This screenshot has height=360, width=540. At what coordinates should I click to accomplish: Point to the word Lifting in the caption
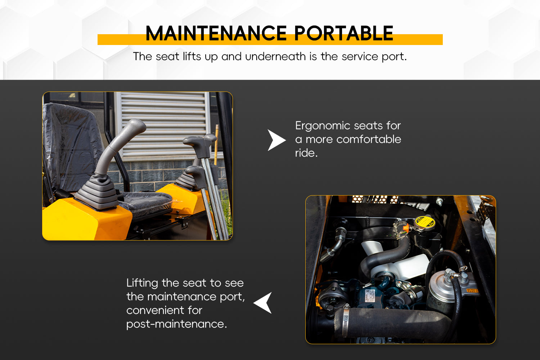tap(142, 283)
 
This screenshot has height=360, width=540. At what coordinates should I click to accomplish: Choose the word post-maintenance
tap(176, 324)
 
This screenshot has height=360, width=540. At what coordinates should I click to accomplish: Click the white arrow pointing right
tap(276, 140)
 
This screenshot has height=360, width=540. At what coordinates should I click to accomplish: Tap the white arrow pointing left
tap(263, 303)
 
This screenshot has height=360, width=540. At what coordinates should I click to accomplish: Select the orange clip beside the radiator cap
tap(405, 228)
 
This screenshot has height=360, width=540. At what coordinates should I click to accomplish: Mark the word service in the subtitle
tap(360, 57)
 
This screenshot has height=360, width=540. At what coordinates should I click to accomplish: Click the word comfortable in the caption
tap(369, 139)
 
